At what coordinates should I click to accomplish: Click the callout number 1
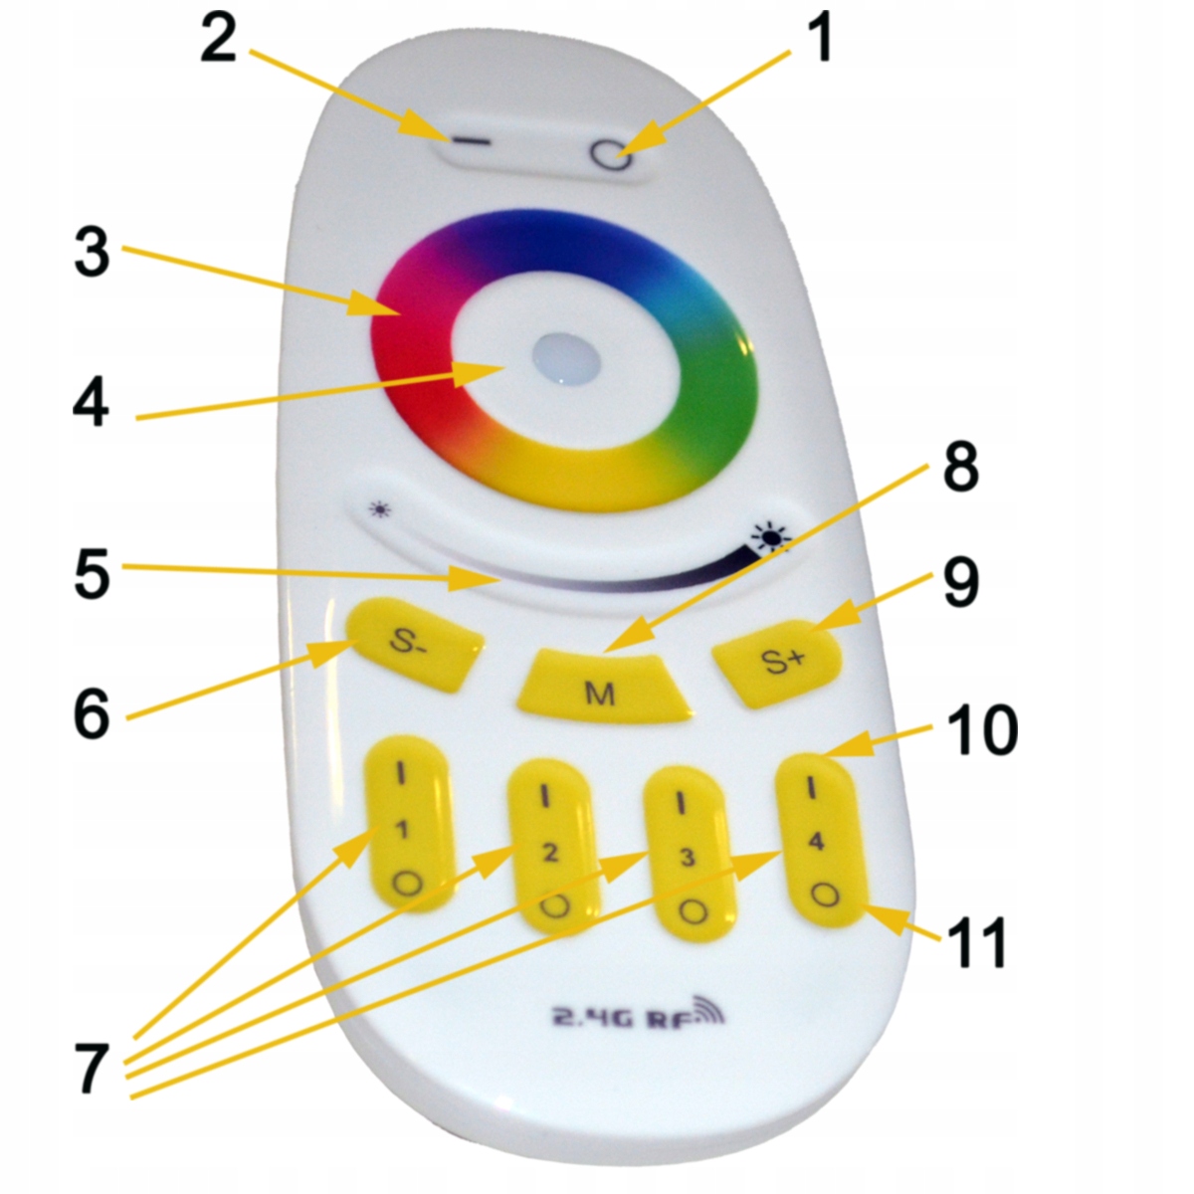818,42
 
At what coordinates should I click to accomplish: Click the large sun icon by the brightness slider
772,539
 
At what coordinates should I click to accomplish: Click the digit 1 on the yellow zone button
403,831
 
